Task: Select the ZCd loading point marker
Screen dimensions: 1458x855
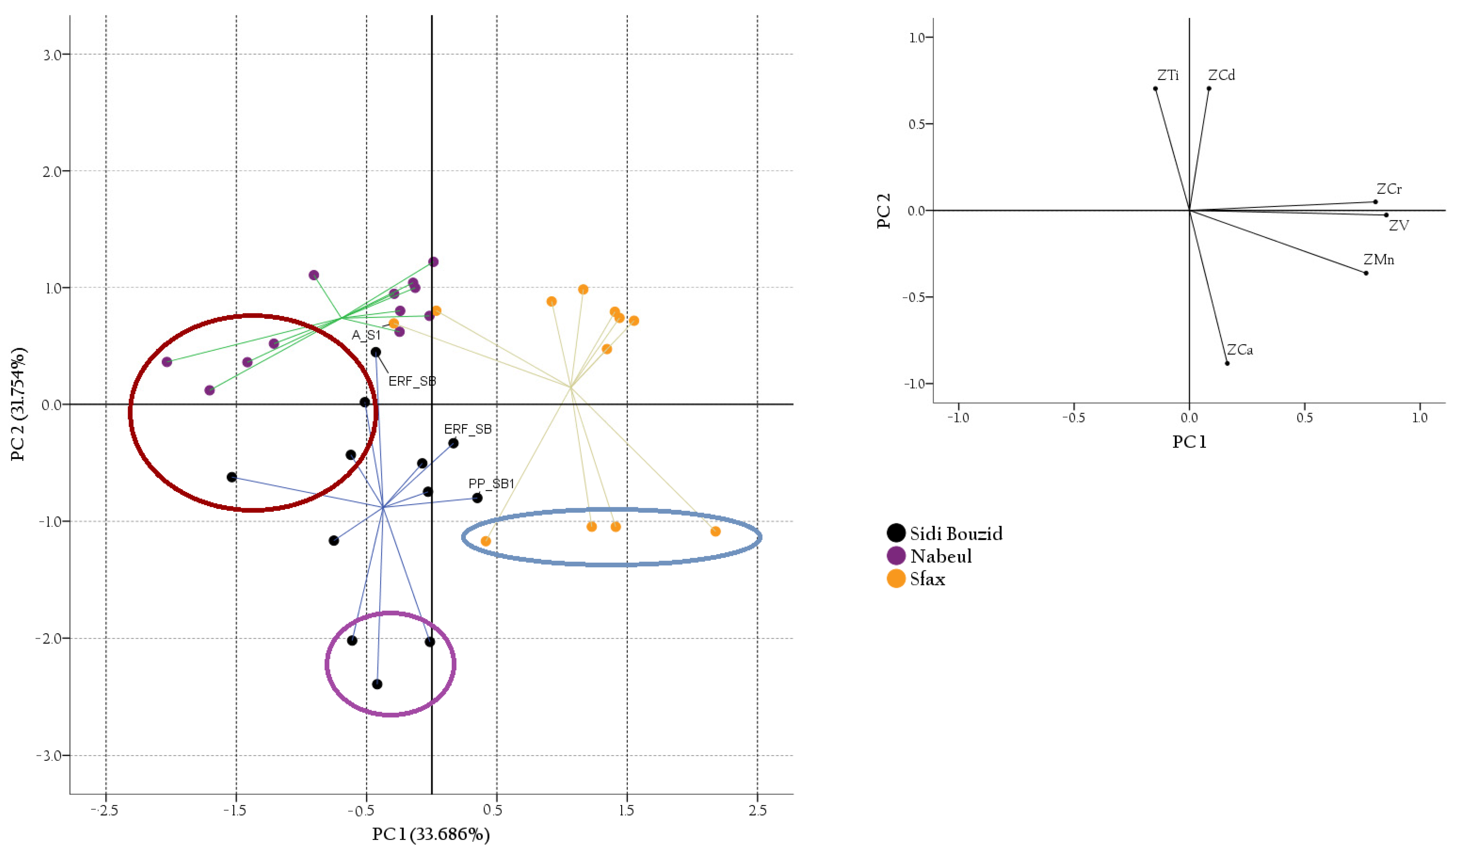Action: click(1209, 88)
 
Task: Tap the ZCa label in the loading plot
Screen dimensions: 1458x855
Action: click(1240, 349)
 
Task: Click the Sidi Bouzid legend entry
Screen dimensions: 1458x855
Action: click(945, 533)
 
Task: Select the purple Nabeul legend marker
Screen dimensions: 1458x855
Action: click(896, 556)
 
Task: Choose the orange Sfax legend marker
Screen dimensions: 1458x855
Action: click(896, 578)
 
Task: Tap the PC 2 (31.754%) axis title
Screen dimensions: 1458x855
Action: click(19, 404)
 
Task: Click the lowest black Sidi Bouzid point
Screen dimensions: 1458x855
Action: click(377, 684)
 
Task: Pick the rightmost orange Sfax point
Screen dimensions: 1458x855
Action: click(716, 532)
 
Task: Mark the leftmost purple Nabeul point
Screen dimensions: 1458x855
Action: click(167, 362)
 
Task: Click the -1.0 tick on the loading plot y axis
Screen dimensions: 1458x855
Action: click(916, 383)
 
